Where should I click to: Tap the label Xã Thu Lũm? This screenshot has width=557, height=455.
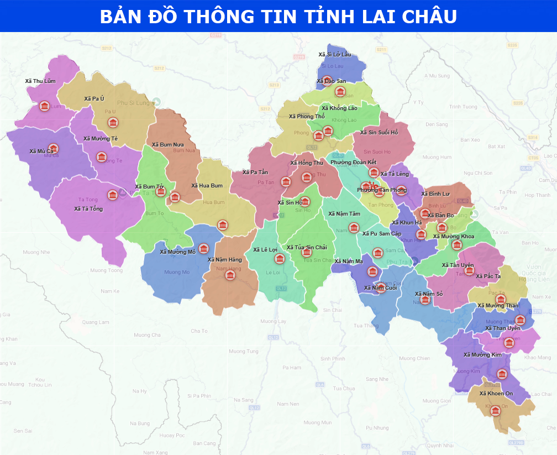[x=40, y=81]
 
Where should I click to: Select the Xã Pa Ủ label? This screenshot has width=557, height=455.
[x=94, y=98]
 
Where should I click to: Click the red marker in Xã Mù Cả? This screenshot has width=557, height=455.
[x=53, y=148]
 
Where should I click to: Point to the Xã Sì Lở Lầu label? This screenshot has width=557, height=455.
[x=334, y=54]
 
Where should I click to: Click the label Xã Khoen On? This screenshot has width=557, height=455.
[x=496, y=393]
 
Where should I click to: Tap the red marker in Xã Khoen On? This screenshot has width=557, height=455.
[x=495, y=410]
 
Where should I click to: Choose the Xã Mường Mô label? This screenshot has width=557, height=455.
[x=177, y=252]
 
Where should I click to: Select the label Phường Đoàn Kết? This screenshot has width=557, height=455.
[x=353, y=162]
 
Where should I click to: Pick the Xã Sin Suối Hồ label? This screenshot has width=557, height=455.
[x=379, y=132]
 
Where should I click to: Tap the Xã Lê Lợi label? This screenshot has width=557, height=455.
[x=265, y=249]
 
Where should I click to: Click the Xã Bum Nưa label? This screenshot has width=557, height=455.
[x=168, y=144]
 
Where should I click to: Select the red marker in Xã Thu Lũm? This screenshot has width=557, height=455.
[x=44, y=106]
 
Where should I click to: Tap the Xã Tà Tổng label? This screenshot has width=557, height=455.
[x=88, y=208]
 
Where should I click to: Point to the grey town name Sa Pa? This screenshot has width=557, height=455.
[x=500, y=208]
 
